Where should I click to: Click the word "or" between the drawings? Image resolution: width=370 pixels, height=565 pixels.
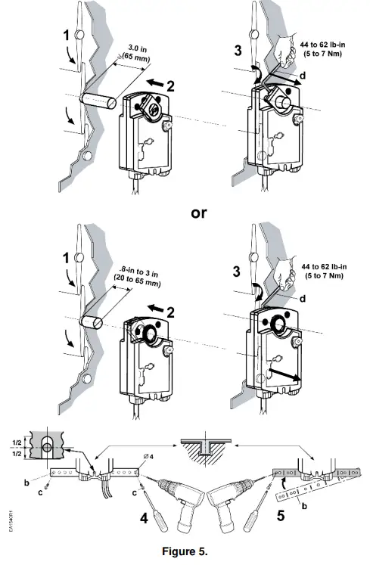click(x=197, y=213)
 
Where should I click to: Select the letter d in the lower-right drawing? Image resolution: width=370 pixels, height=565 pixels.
click(x=303, y=300)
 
